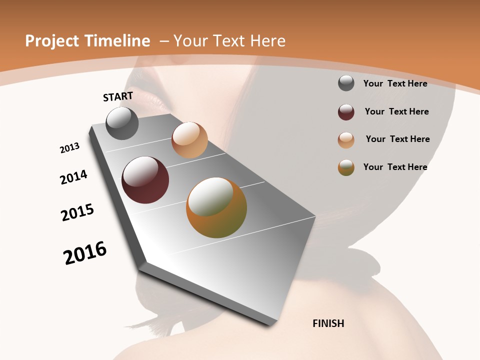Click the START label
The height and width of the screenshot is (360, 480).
pos(118,96)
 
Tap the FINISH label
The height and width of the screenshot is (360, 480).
pos(328,323)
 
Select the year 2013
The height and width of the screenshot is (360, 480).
pos(70,148)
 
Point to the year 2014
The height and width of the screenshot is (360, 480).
pos(74,177)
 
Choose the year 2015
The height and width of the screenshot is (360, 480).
pos(77,212)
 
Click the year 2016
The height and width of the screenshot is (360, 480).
pos(85,253)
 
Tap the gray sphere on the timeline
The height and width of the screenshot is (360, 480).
pos(122,123)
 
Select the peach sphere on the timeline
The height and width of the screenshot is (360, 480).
pos(189,140)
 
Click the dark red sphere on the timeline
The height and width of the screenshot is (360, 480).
pos(145,180)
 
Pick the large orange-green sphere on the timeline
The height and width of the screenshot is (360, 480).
pos(216,207)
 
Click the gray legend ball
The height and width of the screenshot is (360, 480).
pos(346,83)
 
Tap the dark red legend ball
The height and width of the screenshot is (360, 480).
pos(346,112)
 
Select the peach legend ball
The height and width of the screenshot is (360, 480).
pos(346,140)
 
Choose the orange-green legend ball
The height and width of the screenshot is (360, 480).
pos(346,167)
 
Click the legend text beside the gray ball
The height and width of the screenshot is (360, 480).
pos(395,83)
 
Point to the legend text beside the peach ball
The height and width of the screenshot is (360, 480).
pos(397,139)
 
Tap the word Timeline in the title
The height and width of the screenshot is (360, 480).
pos(119,41)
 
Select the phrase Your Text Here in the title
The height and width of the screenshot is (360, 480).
pos(229,41)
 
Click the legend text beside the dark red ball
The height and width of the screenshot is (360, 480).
pos(396,111)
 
